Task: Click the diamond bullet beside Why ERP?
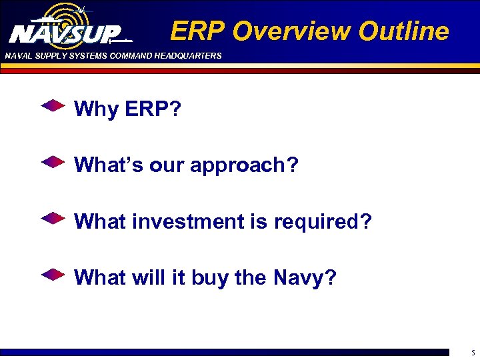coord(53,106)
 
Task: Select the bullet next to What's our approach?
coord(53,162)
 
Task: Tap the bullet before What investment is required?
coord(53,218)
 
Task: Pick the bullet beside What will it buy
coord(53,274)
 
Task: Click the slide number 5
coord(471,351)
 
